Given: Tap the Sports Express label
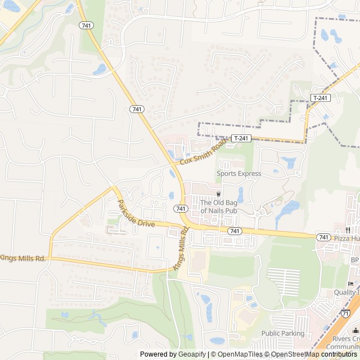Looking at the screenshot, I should click(x=239, y=174).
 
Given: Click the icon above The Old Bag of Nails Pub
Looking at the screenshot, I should click(x=219, y=194).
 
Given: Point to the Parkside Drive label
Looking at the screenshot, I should click(x=135, y=213).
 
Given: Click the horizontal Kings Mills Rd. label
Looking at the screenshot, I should click(x=22, y=258).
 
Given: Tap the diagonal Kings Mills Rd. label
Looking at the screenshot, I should click(x=179, y=255).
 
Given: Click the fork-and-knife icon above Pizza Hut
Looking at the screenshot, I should click(x=348, y=229).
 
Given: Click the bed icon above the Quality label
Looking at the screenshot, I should click(x=350, y=283).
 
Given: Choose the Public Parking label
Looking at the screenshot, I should click(x=283, y=334).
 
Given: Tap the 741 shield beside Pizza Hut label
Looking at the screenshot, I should click(x=323, y=237).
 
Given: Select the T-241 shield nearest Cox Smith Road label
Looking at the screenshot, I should click(x=241, y=138).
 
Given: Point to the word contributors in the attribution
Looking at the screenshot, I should click(x=339, y=354).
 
